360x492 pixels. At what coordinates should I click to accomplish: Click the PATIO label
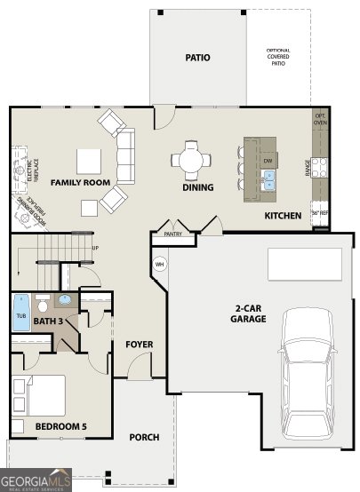(x=197, y=58)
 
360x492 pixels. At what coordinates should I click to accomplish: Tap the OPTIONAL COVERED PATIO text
(x=279, y=56)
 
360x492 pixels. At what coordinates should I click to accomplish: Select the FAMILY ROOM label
(x=80, y=182)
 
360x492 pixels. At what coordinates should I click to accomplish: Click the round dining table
(x=192, y=161)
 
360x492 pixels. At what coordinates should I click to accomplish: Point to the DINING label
(x=197, y=187)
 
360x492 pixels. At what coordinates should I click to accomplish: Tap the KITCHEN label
(x=283, y=216)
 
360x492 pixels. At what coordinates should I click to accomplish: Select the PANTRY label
(x=172, y=235)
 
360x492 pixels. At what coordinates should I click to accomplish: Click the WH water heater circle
(x=160, y=264)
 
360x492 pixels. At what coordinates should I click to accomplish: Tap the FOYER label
(x=138, y=344)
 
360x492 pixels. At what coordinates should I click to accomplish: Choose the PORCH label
(x=144, y=437)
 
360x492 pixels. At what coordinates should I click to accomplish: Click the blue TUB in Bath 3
(x=20, y=313)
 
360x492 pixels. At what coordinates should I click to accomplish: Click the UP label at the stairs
(x=95, y=248)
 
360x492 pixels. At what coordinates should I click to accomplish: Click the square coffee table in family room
(x=88, y=161)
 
